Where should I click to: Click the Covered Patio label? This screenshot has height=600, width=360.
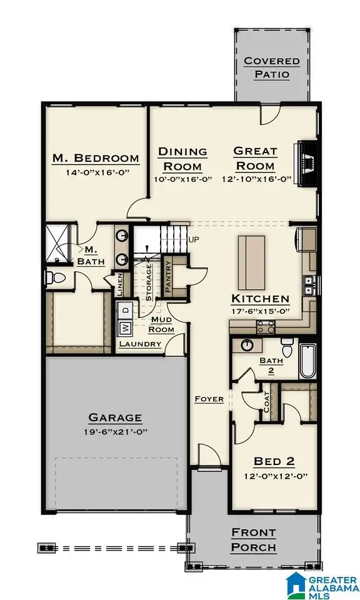pos(272,67)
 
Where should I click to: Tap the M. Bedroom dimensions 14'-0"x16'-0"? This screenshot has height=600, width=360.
pos(94,172)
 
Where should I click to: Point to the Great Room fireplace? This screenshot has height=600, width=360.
pos(307,162)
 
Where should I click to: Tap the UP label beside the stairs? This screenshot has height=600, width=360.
pos(194,239)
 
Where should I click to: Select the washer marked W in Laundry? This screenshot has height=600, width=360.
pos(124,327)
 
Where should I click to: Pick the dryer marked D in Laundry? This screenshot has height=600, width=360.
pos(124,309)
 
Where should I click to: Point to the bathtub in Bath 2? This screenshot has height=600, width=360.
pos(307,361)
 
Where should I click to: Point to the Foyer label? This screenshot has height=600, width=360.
pos(209,399)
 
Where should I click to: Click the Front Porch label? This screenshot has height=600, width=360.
pos(254,540)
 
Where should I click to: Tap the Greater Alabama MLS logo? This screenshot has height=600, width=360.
pos(320,584)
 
